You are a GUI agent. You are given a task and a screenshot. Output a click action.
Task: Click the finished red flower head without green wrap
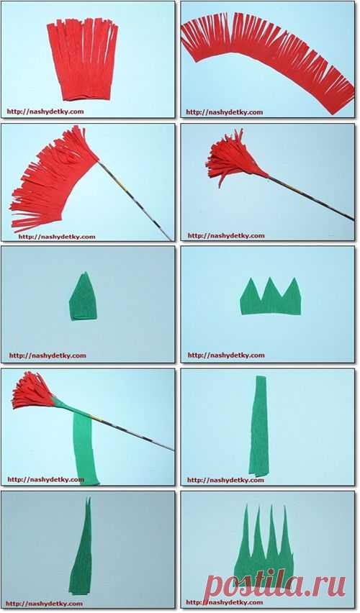coord(231,158)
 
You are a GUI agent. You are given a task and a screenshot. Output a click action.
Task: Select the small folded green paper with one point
coord(84,297)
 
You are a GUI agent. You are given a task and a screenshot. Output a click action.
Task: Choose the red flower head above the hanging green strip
coord(32,391)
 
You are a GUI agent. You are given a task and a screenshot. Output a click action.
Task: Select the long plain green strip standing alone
coord(259,426)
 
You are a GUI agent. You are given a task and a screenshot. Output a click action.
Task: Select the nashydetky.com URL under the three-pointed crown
coord(226,355)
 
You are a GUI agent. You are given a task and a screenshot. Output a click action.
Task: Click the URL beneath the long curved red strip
coord(224,112)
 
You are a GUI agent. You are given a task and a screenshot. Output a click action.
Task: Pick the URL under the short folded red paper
coord(45,112)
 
